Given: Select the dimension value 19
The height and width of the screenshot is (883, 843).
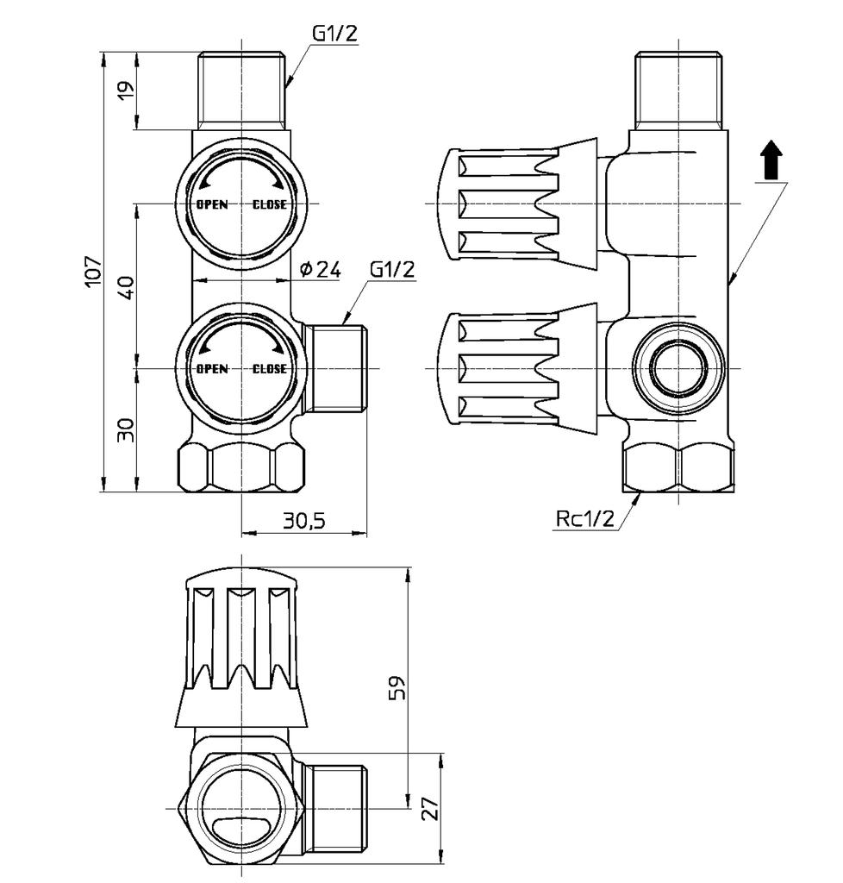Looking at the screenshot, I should [124, 91].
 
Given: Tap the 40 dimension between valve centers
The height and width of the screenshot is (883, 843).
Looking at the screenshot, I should [126, 286].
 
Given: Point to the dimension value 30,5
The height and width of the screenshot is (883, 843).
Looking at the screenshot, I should [303, 521].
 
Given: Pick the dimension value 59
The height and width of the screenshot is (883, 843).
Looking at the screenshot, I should [397, 687].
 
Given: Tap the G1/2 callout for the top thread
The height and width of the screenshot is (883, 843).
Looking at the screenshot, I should [334, 34].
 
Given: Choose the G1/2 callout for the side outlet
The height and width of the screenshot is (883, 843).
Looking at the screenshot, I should [392, 269].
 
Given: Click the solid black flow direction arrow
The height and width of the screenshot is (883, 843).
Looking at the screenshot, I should [771, 162].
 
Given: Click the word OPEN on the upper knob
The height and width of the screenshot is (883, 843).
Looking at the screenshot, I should [212, 204].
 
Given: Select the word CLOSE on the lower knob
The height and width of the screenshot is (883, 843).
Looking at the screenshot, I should [269, 369].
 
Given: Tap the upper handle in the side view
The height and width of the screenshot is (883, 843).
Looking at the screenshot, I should [517, 203].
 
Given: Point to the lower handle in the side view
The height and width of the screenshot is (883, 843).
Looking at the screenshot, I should [517, 368].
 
